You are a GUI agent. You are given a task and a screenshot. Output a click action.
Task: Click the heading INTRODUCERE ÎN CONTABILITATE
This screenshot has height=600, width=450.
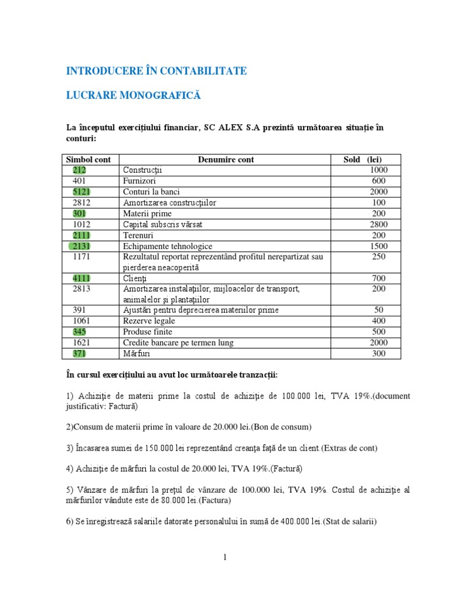(x=156, y=71)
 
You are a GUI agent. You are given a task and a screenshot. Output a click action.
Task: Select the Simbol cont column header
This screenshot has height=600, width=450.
(x=92, y=159)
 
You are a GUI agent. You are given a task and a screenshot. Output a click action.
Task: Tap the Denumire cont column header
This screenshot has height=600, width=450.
(x=226, y=159)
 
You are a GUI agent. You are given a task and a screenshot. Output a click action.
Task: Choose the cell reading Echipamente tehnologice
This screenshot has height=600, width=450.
(x=168, y=246)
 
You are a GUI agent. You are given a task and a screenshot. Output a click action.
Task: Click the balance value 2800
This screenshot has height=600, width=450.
(x=379, y=224)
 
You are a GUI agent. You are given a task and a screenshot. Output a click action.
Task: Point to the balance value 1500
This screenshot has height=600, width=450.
(x=379, y=246)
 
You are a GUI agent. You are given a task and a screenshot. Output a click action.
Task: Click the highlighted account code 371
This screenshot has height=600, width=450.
(x=80, y=353)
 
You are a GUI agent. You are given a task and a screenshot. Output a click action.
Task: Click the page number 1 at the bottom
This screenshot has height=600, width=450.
(x=224, y=557)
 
